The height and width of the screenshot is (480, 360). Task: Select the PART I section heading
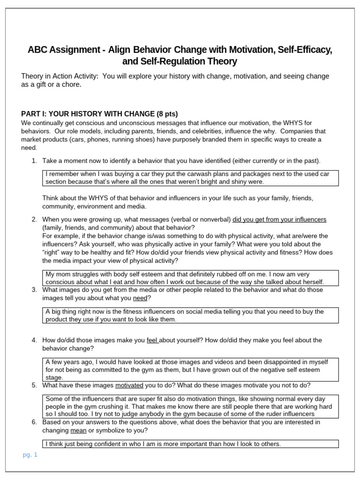[x=99, y=114]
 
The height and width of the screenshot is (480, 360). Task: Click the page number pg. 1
[x=30, y=454]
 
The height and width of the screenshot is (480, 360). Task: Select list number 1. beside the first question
[x=34, y=161]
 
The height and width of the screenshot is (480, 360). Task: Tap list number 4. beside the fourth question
[x=34, y=340]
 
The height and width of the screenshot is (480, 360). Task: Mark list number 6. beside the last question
[x=34, y=422]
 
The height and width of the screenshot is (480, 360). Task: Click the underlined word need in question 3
[x=140, y=298]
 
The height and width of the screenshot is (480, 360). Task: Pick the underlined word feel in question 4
[x=152, y=340]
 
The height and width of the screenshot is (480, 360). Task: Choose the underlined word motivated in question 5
[x=129, y=385]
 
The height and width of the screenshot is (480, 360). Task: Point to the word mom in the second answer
[x=63, y=274]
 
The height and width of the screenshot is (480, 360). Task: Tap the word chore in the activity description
[x=70, y=84]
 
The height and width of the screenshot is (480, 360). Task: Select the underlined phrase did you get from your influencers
[x=279, y=219]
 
